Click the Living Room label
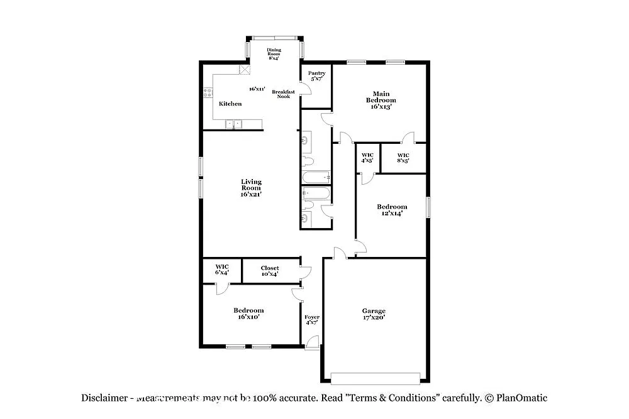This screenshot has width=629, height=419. click(250, 188)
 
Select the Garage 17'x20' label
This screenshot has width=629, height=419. click(374, 314)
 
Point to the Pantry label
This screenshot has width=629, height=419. click(316, 76)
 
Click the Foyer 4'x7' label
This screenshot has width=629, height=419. click(312, 320)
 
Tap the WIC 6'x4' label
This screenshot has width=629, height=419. click(222, 269)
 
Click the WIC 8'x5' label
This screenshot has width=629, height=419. click(403, 158)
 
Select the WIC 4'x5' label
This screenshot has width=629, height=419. click(367, 158)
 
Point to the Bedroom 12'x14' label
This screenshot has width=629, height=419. click(392, 210)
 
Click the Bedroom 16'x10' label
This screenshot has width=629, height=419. click(248, 313)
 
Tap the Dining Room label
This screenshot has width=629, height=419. click(274, 53)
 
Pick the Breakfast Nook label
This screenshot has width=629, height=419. click(284, 94)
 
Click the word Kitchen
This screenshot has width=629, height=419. click(230, 104)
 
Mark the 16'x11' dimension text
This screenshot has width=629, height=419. click(257, 89)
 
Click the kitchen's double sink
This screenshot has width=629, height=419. click(234, 124)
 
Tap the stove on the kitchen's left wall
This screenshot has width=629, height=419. click(208, 94)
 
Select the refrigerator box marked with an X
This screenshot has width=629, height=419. click(244, 70)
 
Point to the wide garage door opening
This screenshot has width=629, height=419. click(376, 378)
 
